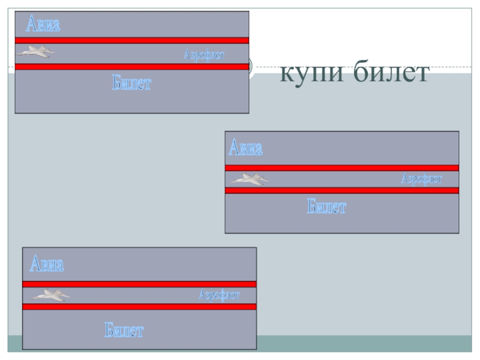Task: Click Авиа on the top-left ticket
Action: pos(43,25)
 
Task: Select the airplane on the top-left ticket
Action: pos(35,52)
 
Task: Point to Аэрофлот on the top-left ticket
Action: pos(203,55)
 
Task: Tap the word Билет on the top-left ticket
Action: pos(131,83)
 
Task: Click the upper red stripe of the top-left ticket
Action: pos(131,40)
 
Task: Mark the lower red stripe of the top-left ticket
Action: pos(131,67)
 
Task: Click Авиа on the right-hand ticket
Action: pos(245,148)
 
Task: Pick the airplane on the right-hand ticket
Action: pos(250,178)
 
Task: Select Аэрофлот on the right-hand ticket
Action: pos(422,179)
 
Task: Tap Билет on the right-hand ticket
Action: pos(327,208)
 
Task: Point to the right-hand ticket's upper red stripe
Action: pos(342,168)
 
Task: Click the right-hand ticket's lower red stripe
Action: pos(342,190)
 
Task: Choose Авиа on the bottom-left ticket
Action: pos(46,264)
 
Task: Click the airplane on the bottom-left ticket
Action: pos(50,295)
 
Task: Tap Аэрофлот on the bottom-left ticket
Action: pos(220,295)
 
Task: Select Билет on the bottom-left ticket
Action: pos(124,329)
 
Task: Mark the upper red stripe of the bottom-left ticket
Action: pos(139,284)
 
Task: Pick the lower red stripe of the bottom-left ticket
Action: pos(139,307)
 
